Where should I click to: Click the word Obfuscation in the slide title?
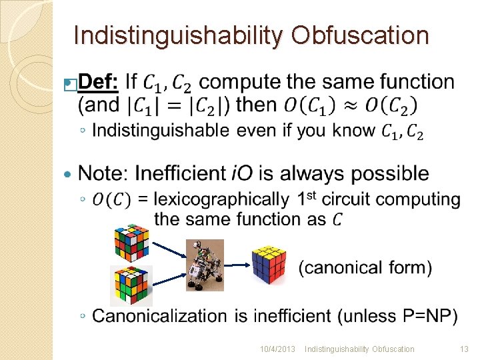coord(360,36)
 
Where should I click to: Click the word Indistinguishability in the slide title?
coord(178,36)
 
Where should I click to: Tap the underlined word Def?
coord(99,82)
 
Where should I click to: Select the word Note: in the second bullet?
coord(104,173)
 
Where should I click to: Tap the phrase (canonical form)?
coord(365,267)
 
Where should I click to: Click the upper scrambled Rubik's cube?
coord(131,241)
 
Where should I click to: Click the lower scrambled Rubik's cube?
coord(131,285)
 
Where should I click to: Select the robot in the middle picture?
coord(205,265)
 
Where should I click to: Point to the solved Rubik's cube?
coord(269,263)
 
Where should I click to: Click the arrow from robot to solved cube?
coord(238,265)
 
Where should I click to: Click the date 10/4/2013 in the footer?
coord(277,349)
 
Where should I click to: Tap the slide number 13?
coord(464,349)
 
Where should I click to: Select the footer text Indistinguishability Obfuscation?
coord(359,349)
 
